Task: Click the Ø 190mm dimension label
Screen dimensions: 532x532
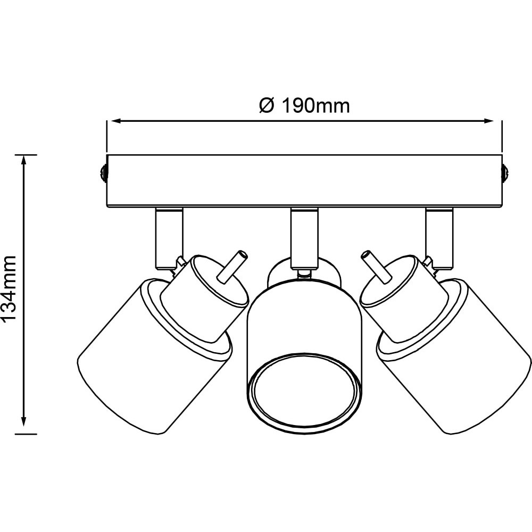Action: (304, 106)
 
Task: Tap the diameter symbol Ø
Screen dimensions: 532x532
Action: (267, 106)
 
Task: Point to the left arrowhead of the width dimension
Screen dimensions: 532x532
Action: (117, 120)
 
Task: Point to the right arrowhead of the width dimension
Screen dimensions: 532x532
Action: (488, 120)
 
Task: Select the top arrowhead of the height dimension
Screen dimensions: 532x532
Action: (23, 161)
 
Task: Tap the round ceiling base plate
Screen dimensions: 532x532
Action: (304, 180)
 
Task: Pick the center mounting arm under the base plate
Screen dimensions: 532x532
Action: (304, 237)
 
